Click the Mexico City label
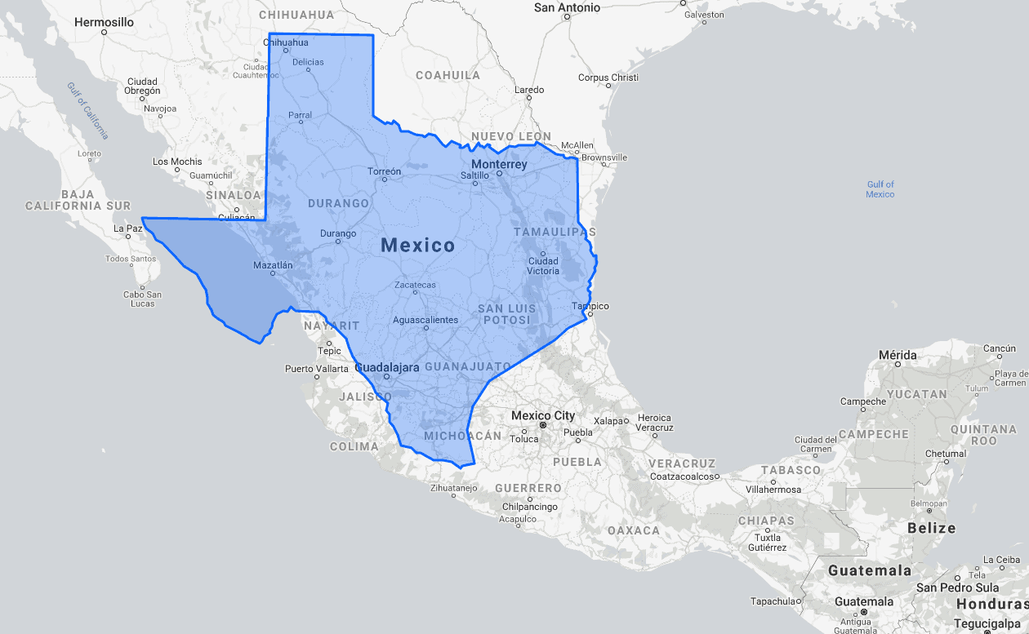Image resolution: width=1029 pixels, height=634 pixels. pyautogui.click(x=543, y=416)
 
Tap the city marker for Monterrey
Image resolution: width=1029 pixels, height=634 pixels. pyautogui.click(x=499, y=174)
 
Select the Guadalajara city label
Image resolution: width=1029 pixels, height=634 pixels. pyautogui.click(x=388, y=367)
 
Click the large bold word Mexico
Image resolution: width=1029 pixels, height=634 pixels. pyautogui.click(x=417, y=245)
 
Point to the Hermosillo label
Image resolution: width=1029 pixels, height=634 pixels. pyautogui.click(x=104, y=22)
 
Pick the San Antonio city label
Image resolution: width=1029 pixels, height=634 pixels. pyautogui.click(x=567, y=7)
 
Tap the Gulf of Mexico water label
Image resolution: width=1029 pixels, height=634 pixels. pyautogui.click(x=880, y=189)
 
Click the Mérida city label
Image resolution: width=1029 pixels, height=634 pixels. pyautogui.click(x=898, y=355)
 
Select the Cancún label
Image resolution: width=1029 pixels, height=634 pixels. pyautogui.click(x=1000, y=348)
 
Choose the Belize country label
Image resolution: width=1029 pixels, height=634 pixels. pyautogui.click(x=931, y=528)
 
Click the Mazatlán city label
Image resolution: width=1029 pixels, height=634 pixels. pyautogui.click(x=273, y=264)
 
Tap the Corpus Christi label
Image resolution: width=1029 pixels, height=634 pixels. pyautogui.click(x=608, y=78)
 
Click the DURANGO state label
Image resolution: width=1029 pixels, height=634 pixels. pyautogui.click(x=338, y=203)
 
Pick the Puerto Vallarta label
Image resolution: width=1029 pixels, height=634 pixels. pyautogui.click(x=316, y=369)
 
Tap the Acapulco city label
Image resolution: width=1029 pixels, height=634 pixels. pyautogui.click(x=518, y=519)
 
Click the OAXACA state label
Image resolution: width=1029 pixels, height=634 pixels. pyautogui.click(x=633, y=530)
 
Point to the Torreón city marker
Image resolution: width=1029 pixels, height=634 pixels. pyautogui.click(x=385, y=181)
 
